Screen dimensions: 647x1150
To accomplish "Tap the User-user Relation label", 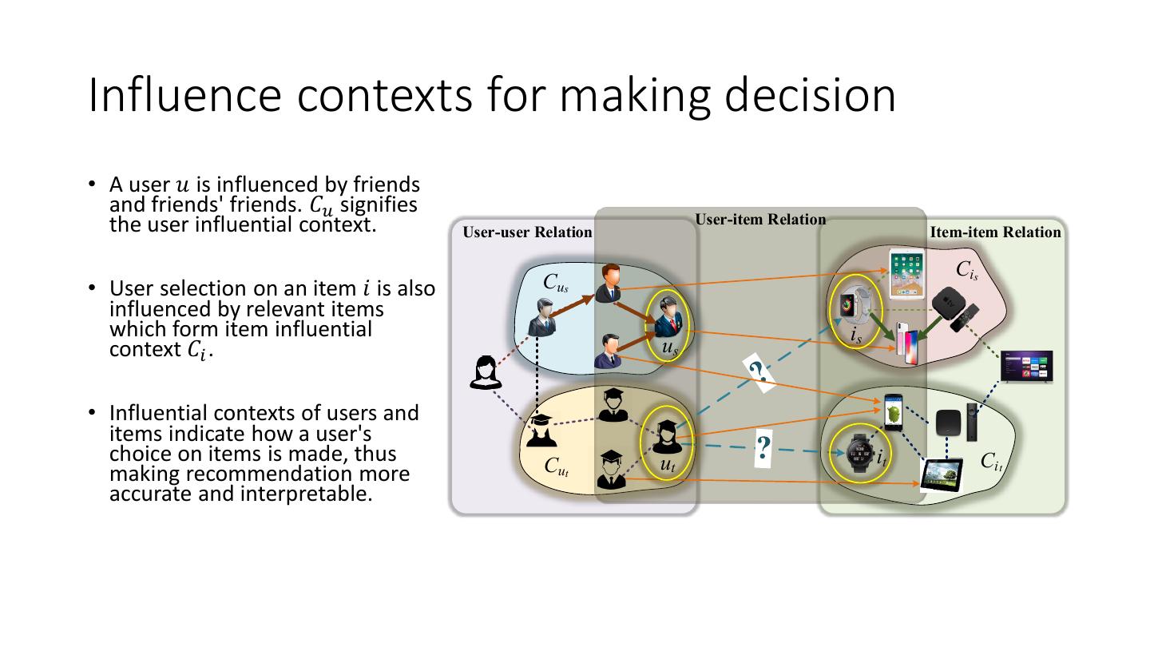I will click(527, 232).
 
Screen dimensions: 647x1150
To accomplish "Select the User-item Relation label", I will click(760, 220).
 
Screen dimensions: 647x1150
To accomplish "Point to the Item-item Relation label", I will click(995, 232).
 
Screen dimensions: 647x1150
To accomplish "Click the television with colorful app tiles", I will click(1027, 366).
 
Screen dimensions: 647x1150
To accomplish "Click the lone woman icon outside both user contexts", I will click(483, 372).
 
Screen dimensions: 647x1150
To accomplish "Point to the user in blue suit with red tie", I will click(668, 317).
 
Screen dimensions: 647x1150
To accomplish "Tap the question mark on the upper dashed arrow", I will click(759, 371).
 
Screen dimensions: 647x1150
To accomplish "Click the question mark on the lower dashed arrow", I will click(763, 448).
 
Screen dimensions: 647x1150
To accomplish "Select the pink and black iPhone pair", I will click(909, 343).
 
